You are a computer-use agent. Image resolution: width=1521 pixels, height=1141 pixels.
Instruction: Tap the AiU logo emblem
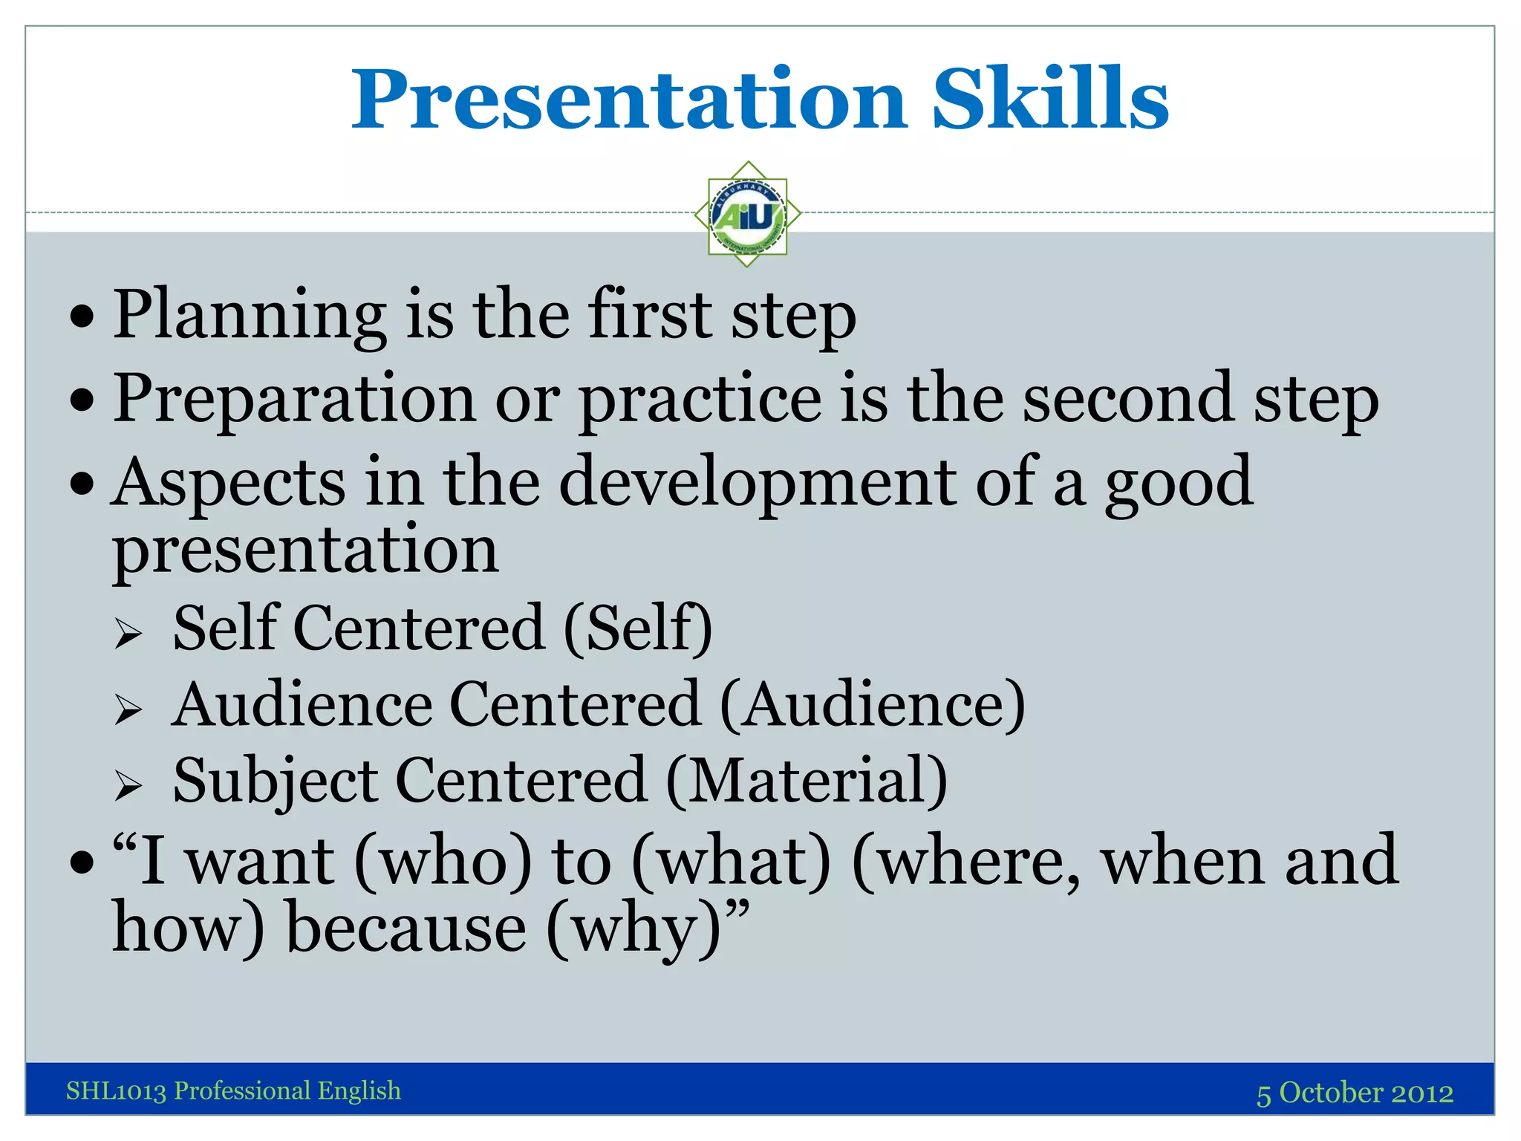pyautogui.click(x=747, y=215)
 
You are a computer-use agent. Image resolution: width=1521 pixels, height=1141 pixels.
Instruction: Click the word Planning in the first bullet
pyautogui.click(x=249, y=316)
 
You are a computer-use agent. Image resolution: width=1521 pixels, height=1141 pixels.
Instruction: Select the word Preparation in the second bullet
pyautogui.click(x=294, y=400)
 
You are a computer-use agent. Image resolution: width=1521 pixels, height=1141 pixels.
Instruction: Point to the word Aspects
pyautogui.click(x=229, y=484)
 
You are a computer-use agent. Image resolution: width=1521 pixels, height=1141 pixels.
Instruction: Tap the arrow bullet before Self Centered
pyautogui.click(x=128, y=634)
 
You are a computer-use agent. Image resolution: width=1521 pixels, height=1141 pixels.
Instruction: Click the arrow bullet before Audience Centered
pyautogui.click(x=128, y=709)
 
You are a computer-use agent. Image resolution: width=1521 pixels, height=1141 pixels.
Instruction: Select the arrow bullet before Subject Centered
pyautogui.click(x=128, y=785)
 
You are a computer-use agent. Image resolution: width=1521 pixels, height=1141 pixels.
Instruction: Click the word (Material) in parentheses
pyautogui.click(x=806, y=781)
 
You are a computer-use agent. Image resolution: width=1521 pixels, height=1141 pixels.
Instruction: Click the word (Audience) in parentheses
pyautogui.click(x=873, y=705)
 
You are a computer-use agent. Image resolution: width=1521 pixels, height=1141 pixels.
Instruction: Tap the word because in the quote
pyautogui.click(x=406, y=929)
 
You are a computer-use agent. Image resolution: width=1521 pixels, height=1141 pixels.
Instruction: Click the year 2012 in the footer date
pyautogui.click(x=1421, y=1093)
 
